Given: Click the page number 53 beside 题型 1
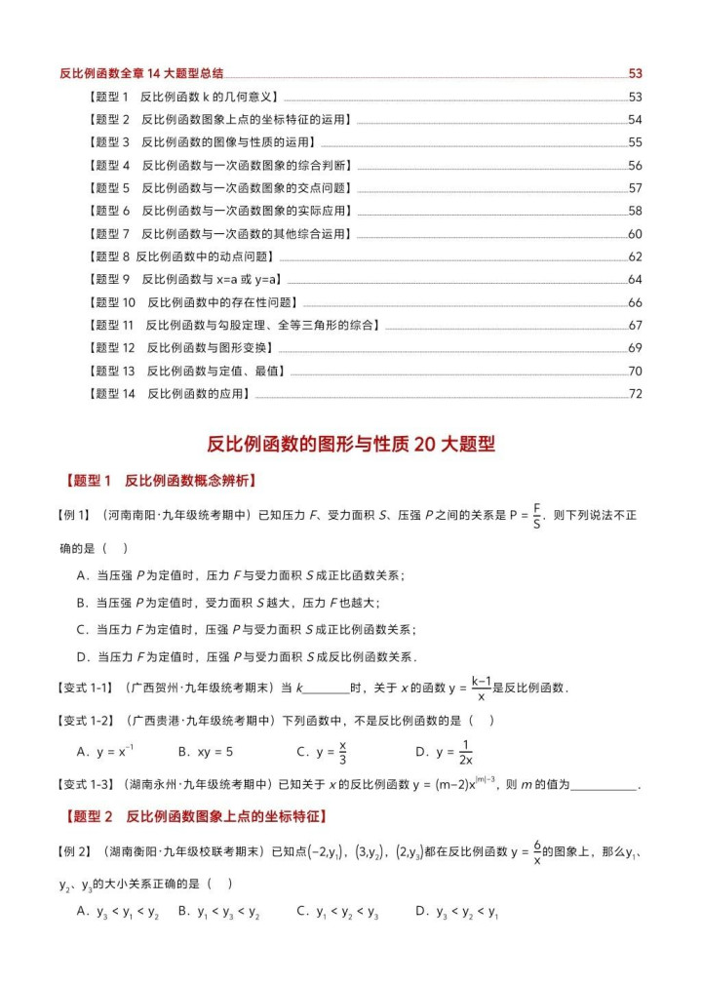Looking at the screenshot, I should pyautogui.click(x=635, y=97).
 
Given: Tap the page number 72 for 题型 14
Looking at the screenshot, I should pyautogui.click(x=635, y=394).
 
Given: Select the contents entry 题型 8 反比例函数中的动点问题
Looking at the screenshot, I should pyautogui.click(x=181, y=256).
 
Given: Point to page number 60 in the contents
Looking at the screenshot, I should pyautogui.click(x=635, y=234).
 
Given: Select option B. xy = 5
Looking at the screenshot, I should pyautogui.click(x=206, y=752).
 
